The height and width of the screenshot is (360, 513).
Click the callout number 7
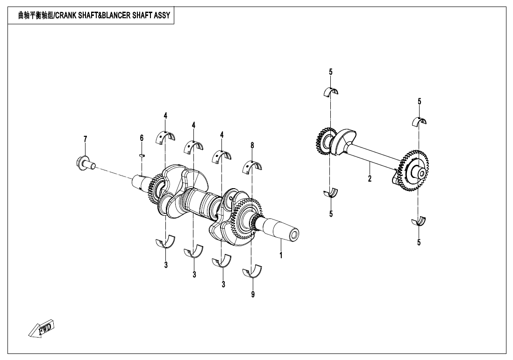(85, 139)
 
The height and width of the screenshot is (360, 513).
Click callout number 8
(252, 145)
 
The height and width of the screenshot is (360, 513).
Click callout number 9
(253, 295)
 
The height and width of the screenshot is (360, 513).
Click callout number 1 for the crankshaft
(281, 255)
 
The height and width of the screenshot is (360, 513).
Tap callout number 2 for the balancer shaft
(370, 178)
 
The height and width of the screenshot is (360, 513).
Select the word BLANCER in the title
(113, 16)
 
